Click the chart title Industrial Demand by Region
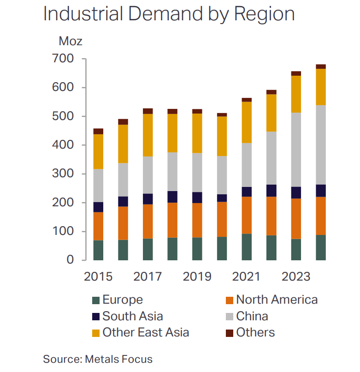[x=169, y=14]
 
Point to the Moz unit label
[x=71, y=41]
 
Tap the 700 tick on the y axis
[x=64, y=59]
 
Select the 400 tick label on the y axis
[x=64, y=145]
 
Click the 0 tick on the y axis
[x=70, y=260]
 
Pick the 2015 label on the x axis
[x=98, y=276]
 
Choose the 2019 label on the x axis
[x=197, y=276]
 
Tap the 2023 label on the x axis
[x=296, y=276]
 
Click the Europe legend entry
[x=122, y=300]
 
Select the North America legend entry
[x=277, y=300]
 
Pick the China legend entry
[x=252, y=317]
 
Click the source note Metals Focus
[x=98, y=359]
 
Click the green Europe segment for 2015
[x=98, y=250]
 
